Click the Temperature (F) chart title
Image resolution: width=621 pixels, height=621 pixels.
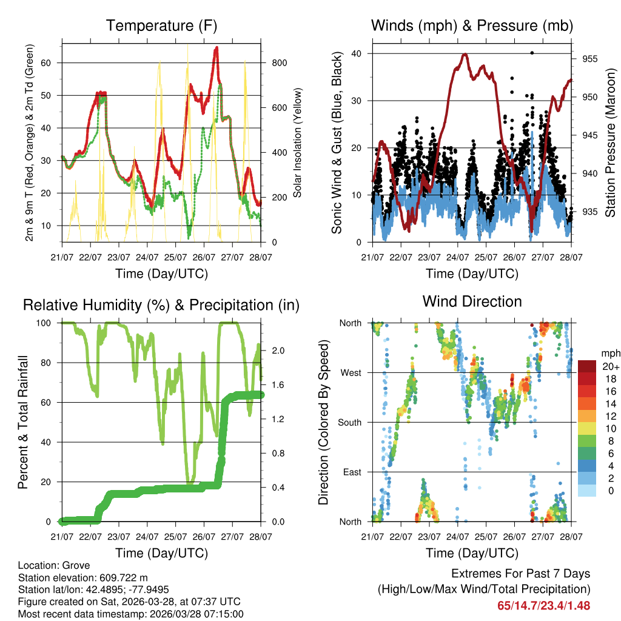click(x=161, y=25)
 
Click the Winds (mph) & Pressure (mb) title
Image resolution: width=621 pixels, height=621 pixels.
click(x=472, y=25)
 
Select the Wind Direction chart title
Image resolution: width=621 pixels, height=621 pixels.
click(x=472, y=301)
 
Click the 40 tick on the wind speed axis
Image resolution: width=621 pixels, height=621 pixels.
click(x=358, y=53)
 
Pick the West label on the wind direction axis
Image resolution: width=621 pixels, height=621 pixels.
click(x=351, y=372)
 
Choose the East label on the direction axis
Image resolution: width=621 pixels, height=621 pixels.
click(x=352, y=472)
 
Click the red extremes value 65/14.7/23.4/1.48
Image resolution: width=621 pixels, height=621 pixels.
click(x=544, y=605)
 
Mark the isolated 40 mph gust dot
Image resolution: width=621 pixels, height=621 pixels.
click(x=532, y=53)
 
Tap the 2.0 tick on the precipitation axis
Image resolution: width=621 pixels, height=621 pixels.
click(x=278, y=351)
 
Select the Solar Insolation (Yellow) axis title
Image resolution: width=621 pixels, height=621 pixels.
click(x=298, y=143)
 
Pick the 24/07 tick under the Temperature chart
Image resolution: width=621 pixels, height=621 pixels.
click(x=147, y=256)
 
